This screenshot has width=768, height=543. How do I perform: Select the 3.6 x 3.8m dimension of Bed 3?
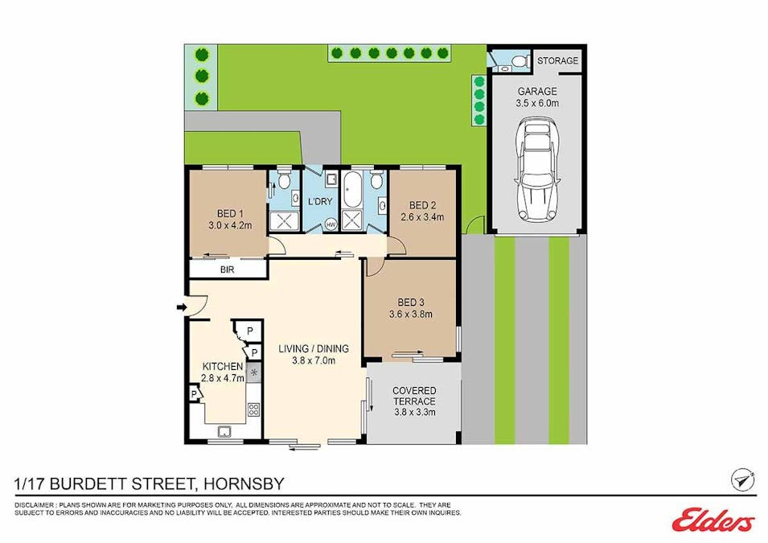coord(411,315)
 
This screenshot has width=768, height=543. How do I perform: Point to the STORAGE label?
coord(557,61)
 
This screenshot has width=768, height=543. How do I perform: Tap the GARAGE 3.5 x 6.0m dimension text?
coord(536,103)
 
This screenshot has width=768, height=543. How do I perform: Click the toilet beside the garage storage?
coord(520,61)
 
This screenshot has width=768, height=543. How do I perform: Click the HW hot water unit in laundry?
coord(331,224)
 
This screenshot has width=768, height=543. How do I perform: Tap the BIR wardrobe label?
coord(228,269)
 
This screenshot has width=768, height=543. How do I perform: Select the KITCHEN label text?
coord(223,366)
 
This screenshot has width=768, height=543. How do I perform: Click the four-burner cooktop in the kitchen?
coord(253,409)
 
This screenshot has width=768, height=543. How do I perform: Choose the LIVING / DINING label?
coord(314,349)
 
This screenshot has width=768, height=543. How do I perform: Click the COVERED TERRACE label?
coord(414,396)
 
